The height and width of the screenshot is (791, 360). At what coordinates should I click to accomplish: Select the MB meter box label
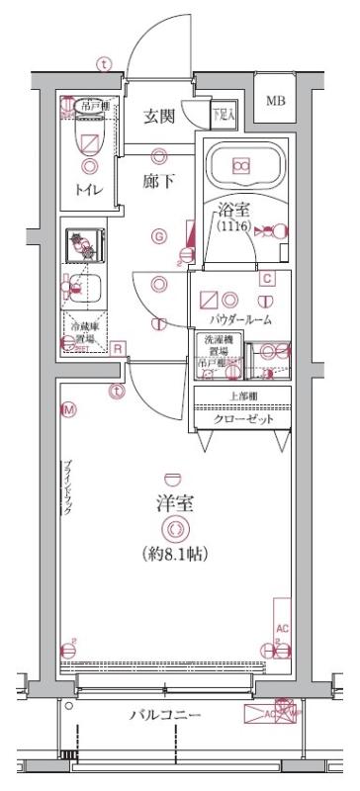coord(275,100)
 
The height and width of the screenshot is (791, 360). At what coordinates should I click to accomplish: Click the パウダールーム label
coord(241,321)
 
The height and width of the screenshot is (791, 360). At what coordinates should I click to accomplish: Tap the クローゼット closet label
coord(242,418)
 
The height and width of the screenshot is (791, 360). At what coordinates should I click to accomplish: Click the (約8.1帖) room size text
coord(175,555)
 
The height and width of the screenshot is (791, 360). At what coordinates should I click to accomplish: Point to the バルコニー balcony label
coord(165,716)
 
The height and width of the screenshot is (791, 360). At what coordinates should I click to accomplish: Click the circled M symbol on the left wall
coord(68,408)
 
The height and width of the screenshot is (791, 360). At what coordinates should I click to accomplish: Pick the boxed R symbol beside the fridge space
coord(118,347)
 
